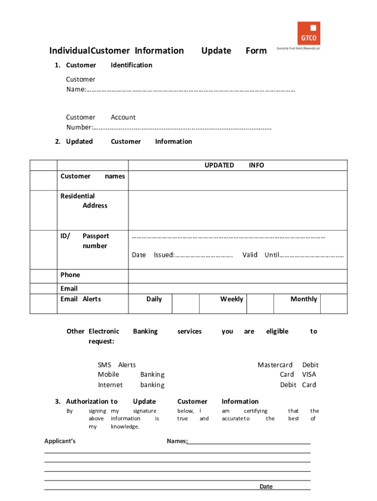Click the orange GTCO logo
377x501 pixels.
coord(308,33)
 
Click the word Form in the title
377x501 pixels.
coord(256,50)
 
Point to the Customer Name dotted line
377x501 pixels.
coord(191,90)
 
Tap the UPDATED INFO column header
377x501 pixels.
coord(234,165)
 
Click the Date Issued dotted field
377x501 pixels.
coord(204,255)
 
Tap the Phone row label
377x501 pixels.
coord(70,275)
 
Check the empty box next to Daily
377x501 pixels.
coord(186,303)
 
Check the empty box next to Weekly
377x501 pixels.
coord(259,303)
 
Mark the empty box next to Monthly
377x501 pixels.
coord(333,303)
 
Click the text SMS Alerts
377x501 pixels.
coord(117,365)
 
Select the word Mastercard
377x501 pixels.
coord(275,365)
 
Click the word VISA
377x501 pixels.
coord(309,375)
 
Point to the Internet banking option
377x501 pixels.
coord(131,385)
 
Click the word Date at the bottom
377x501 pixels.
coord(266,486)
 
